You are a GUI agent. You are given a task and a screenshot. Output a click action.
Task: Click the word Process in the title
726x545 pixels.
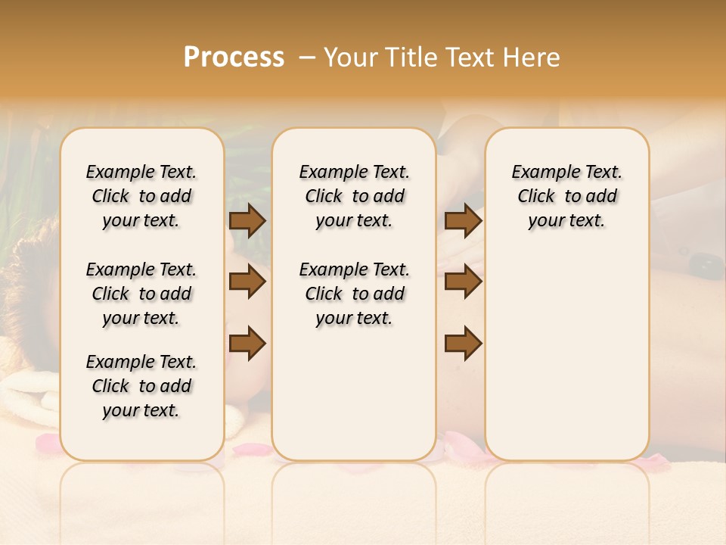coord(234,58)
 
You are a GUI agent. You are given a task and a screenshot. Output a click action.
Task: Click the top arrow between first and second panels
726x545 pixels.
coord(247,221)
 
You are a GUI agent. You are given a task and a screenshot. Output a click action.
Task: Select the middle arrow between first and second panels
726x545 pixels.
coord(247,282)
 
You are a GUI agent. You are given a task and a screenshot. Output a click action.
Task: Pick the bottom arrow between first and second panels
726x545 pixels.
coord(247,343)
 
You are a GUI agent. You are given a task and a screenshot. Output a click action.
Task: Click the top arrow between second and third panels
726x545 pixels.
coord(463,221)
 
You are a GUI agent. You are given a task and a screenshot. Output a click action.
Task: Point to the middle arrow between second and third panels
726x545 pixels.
coord(463,282)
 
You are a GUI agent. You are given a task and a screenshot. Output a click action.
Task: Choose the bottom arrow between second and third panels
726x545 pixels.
coord(463,343)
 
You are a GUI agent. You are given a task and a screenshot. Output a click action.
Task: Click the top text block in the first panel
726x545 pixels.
coord(141,196)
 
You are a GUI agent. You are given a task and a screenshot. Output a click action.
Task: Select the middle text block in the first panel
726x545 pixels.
coord(141,294)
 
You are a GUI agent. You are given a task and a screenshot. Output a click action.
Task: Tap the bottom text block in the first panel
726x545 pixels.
coord(141,386)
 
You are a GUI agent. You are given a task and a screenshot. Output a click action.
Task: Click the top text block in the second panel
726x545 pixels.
coord(354,196)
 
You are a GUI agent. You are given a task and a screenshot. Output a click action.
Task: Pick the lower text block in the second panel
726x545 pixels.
coord(354,294)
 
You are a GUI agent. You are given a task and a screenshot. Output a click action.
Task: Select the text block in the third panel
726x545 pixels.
coord(567,196)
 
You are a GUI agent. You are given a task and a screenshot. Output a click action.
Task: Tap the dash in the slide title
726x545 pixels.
coord(308,58)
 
